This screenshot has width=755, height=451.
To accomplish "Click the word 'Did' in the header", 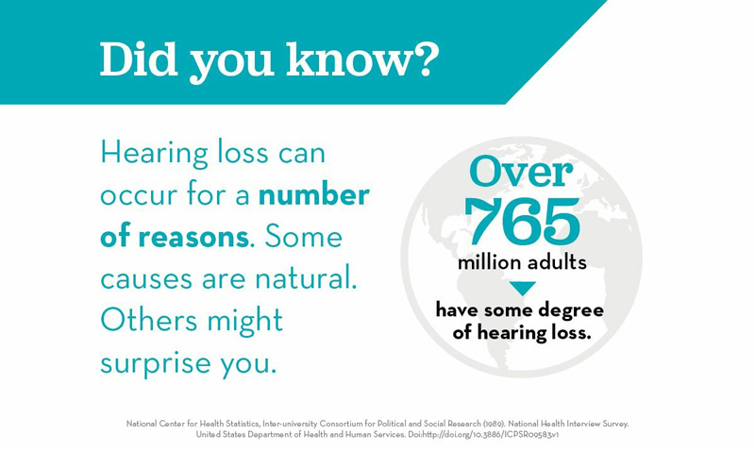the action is (x=139, y=59).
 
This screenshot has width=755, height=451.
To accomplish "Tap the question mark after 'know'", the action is (x=427, y=59).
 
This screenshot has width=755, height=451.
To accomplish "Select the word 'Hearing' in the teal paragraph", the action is (x=154, y=154).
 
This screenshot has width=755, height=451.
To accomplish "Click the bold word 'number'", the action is (x=314, y=195).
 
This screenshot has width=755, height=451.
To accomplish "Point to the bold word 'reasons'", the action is (x=193, y=237).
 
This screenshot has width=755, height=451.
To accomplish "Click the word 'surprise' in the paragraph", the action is (x=155, y=364).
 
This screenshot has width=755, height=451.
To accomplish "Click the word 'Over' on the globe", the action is (x=522, y=172).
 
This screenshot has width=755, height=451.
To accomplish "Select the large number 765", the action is (x=523, y=222).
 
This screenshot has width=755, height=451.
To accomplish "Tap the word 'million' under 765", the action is (x=489, y=262).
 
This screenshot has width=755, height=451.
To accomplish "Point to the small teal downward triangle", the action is (x=523, y=289).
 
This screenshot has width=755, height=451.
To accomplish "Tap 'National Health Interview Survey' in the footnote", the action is (x=568, y=424).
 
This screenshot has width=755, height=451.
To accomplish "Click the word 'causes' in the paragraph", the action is (x=146, y=279).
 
